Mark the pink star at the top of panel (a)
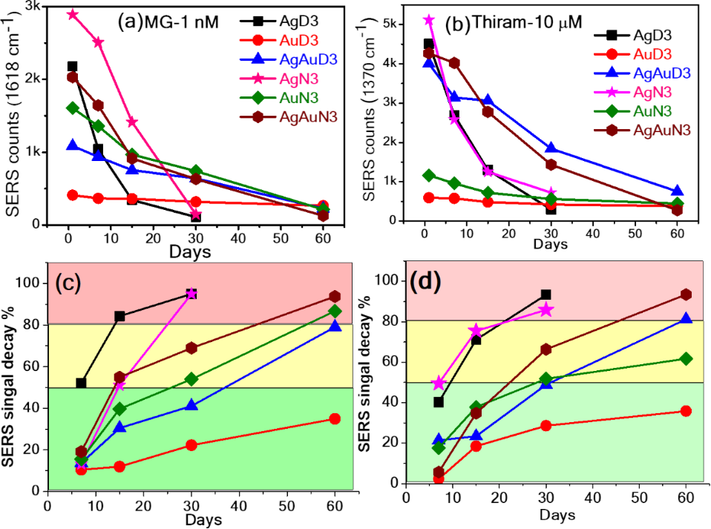(x=72, y=14)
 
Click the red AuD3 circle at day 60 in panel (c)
(x=335, y=418)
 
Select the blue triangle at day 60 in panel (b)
(x=677, y=191)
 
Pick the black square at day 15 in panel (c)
(x=119, y=316)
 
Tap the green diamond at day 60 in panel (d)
(x=686, y=358)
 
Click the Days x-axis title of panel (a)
(x=189, y=252)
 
